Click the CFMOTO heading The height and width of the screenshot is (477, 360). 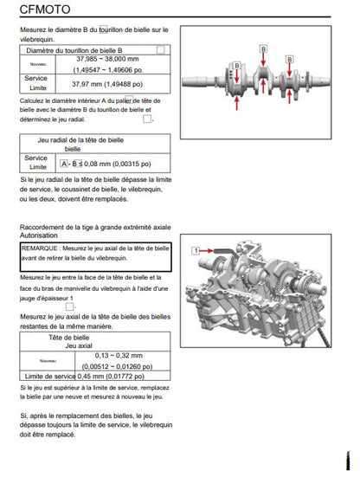click(x=45, y=10)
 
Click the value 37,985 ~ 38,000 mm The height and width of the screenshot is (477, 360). click(x=107, y=59)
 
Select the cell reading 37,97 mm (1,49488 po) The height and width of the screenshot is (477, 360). click(x=107, y=84)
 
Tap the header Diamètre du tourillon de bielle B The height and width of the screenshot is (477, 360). click(x=74, y=50)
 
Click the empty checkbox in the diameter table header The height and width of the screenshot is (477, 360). click(x=161, y=49)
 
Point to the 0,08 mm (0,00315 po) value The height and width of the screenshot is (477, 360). click(x=118, y=164)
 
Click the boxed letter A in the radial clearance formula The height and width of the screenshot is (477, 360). click(x=63, y=164)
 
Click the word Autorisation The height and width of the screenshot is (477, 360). click(x=39, y=235)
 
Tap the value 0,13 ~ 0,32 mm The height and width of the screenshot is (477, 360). click(x=119, y=355)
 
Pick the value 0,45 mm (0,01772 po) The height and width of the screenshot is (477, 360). click(x=111, y=377)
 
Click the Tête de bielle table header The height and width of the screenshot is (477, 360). click(x=69, y=338)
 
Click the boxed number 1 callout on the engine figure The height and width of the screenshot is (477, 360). click(x=196, y=251)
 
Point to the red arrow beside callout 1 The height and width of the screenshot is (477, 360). click(x=207, y=251)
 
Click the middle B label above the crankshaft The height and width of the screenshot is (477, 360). click(x=263, y=49)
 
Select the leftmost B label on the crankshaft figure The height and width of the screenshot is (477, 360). click(x=237, y=65)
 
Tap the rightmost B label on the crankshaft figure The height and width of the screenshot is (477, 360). click(x=289, y=59)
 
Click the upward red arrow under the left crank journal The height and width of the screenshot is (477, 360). click(x=236, y=103)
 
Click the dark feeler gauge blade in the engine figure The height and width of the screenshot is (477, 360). click(x=224, y=251)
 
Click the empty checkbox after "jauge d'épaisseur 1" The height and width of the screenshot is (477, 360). click(x=69, y=306)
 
